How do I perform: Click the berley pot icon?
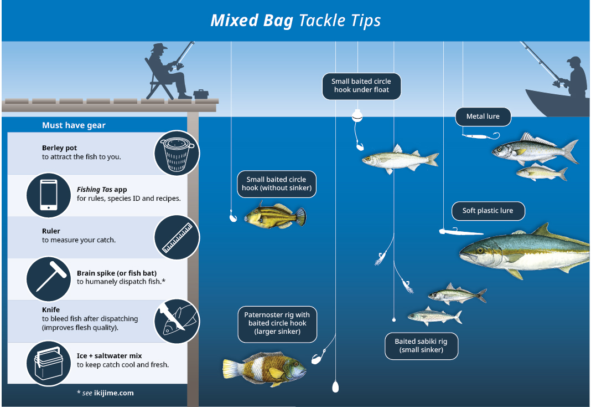(177, 153)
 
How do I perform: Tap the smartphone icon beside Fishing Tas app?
(49, 195)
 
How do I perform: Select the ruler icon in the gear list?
(177, 237)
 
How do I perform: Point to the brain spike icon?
(49, 279)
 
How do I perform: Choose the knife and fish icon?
(177, 321)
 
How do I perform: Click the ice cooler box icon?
(49, 363)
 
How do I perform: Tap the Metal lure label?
(483, 116)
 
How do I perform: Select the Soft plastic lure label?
(488, 211)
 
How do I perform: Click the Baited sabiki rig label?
(421, 345)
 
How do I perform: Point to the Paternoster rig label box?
(277, 324)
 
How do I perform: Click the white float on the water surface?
(357, 115)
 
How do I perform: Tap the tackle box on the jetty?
(201, 94)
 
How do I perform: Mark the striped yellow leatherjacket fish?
(276, 216)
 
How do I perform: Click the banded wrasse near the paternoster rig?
(264, 369)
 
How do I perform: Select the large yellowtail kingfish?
(524, 250)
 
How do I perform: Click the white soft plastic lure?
(460, 231)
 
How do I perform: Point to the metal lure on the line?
(481, 136)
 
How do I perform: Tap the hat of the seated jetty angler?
(159, 48)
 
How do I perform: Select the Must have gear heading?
(74, 125)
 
